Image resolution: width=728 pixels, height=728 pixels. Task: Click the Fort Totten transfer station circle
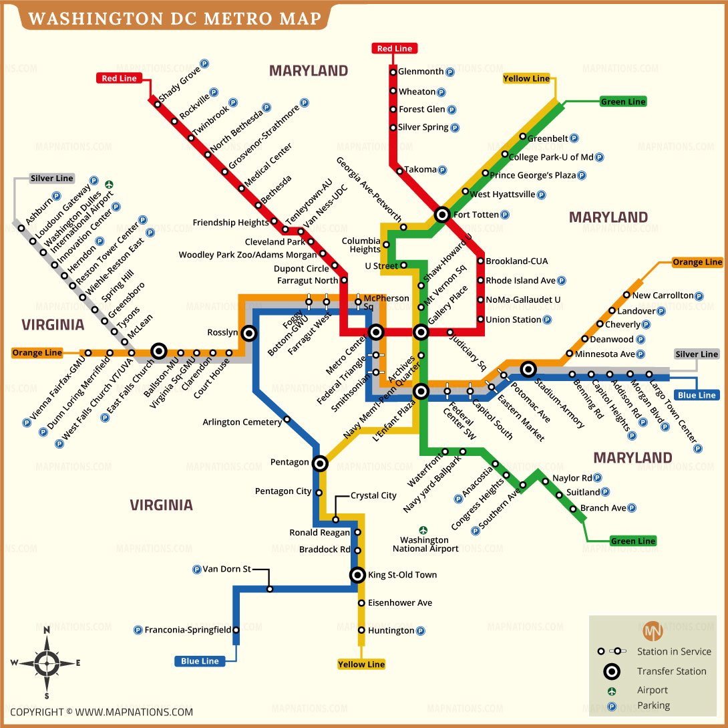[x=442, y=215]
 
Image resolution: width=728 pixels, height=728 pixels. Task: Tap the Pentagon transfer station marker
[x=320, y=463]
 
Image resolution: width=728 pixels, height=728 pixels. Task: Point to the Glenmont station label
[x=421, y=72]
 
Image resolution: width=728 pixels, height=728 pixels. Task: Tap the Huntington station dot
[x=361, y=630]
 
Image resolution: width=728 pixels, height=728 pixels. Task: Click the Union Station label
[x=513, y=320]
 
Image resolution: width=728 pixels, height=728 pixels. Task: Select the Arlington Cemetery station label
[x=242, y=422]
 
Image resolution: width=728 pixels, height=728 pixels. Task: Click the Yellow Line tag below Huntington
[x=361, y=664]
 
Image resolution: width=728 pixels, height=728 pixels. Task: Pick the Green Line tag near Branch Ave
[x=633, y=541]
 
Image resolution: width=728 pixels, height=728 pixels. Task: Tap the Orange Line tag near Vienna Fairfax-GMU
[x=37, y=353]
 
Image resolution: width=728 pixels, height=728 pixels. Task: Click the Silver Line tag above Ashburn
[x=51, y=178]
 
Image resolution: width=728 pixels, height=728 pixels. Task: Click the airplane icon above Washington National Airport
[x=423, y=529]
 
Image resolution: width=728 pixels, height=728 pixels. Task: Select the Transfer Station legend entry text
[x=671, y=671]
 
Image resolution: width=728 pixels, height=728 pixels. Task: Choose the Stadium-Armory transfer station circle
[x=528, y=368]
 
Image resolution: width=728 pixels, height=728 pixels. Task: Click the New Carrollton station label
[x=663, y=295]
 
